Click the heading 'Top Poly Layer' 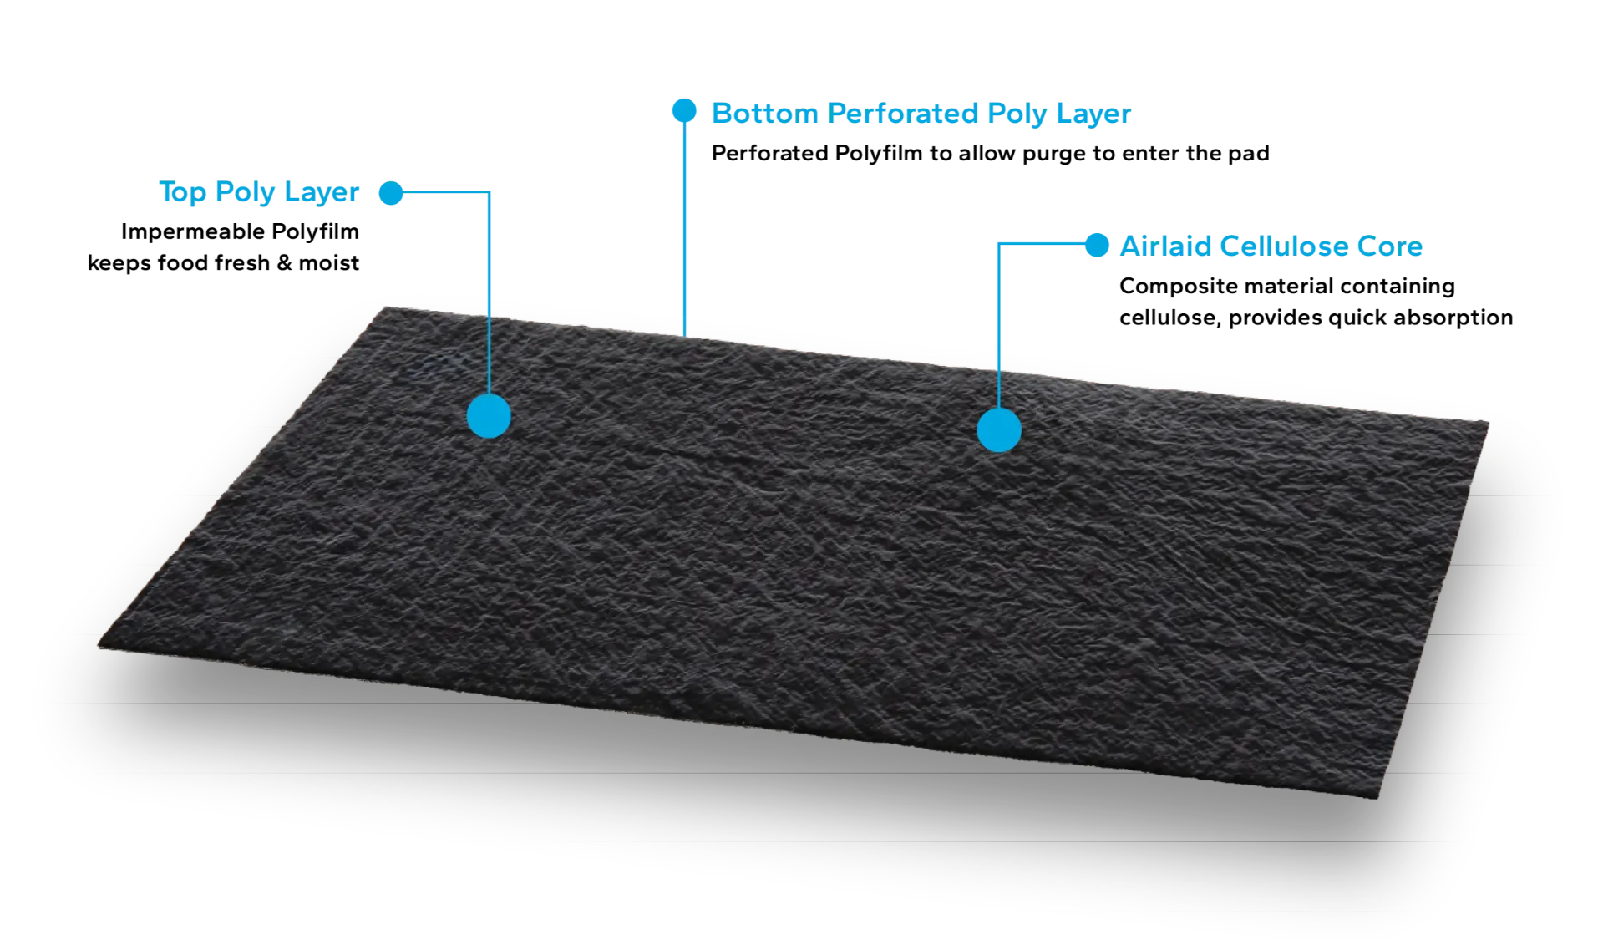259,192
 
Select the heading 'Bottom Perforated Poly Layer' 921,114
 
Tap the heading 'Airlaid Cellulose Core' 1271,246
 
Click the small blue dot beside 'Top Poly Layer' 391,193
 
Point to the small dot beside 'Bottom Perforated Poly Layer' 684,110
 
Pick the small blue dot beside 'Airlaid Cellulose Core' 1097,245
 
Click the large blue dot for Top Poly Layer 489,416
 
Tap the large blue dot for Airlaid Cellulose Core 999,430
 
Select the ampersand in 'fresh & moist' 284,262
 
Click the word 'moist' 329,262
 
